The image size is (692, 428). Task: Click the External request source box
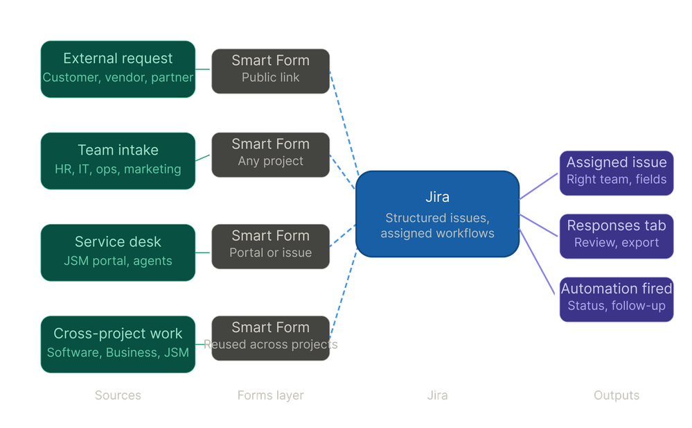118,68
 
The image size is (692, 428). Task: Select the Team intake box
118,160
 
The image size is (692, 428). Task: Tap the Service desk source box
118,251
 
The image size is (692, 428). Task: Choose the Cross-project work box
118,343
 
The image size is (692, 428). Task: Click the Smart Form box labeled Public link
270,70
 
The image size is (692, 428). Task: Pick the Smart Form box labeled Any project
270,153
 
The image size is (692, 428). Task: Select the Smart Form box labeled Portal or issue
270,245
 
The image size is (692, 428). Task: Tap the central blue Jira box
437,214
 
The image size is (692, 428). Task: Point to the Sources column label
118,395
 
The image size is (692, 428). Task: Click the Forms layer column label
270,395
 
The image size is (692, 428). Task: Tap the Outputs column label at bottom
616,395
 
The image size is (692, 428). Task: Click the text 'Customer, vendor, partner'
118,78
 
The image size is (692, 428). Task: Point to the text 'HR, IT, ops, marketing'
118,169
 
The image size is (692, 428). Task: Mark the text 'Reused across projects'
270,345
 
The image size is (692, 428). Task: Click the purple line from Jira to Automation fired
539,262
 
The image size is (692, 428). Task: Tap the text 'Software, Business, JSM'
118,353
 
